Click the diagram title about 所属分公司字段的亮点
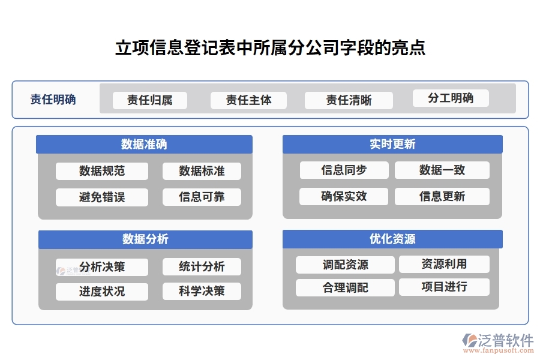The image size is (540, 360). point(270,48)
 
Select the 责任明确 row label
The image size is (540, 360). point(53,100)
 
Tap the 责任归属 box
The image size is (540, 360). point(150,100)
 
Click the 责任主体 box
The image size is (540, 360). point(248,100)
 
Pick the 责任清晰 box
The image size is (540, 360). point(349,100)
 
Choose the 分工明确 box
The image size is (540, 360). point(451,98)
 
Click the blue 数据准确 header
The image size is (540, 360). point(144,144)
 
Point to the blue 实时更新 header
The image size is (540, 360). point(392,144)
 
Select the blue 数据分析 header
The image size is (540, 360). point(145,239)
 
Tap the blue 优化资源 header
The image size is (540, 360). point(392,239)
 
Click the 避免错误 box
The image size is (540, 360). point(102,197)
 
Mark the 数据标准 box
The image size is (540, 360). point(202,171)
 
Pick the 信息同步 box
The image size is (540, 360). point(344,170)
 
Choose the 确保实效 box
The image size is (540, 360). point(344,196)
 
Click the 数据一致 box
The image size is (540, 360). point(442,170)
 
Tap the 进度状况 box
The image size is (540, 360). point(102,292)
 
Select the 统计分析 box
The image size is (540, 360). point(202,266)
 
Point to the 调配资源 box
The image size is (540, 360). point(345,265)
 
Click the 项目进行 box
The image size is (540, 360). point(444,287)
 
